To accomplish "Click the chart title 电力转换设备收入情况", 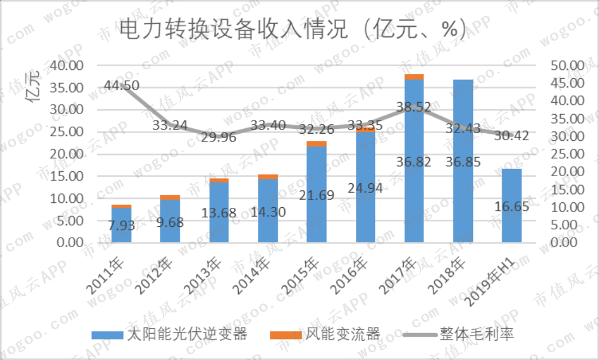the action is pos(233,29).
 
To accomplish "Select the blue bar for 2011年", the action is pos(121,225).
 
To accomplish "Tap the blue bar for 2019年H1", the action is pos(512,205).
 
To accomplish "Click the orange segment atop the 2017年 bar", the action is pos(414,77).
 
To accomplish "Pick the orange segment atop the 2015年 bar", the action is pos(317,143).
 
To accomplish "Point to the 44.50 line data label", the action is pos(121,85).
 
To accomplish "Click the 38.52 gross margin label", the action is pos(414,106).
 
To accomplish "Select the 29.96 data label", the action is pos(219,137).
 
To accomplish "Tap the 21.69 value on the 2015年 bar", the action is pos(317,195).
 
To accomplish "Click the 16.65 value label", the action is pos(512,207).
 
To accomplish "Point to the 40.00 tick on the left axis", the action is pos(66,66).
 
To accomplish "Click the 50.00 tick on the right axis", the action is pos(568,66).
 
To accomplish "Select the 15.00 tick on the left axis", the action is pos(66,176).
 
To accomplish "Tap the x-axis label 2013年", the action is pos(203,276).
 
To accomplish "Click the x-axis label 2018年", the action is pos(447,276).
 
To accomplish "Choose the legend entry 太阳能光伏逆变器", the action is pos(169,334).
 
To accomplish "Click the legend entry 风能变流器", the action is pos(325,334).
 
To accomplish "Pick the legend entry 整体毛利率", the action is pos(459,334).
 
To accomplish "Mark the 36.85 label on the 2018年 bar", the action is pos(463,162).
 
